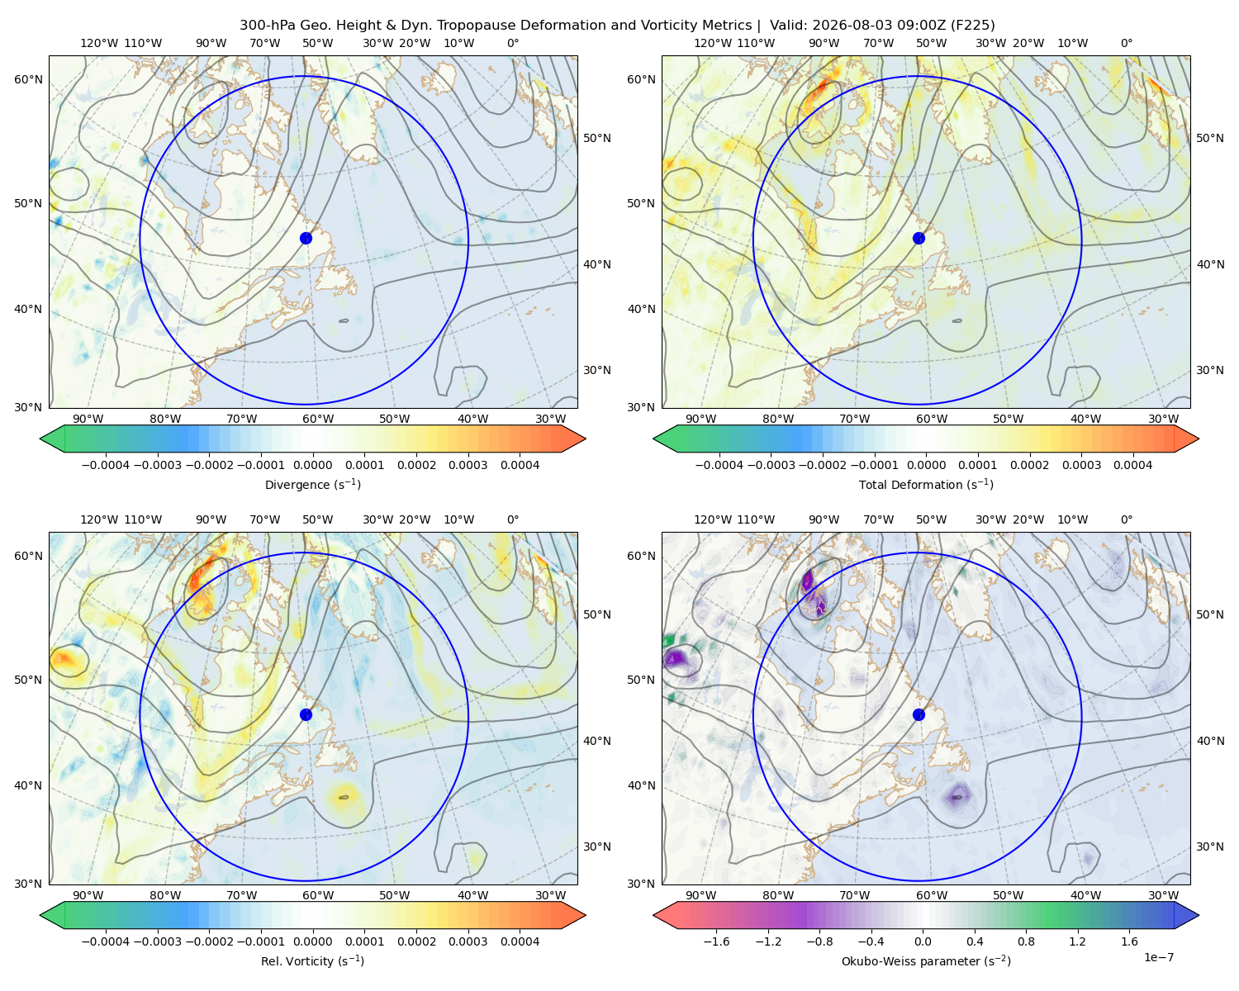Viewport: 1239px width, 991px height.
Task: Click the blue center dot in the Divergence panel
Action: tap(306, 239)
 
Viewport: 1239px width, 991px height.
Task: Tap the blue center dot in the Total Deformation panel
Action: tap(919, 239)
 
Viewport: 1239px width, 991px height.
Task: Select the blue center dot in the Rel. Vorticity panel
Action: tap(306, 714)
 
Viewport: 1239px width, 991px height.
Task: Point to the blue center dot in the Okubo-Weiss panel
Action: tap(919, 714)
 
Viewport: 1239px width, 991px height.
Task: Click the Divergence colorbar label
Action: tap(312, 485)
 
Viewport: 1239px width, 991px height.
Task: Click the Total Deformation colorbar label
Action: tap(926, 485)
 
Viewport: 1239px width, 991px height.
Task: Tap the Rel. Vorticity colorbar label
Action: tap(312, 961)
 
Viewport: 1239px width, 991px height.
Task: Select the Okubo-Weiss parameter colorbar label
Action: tap(926, 961)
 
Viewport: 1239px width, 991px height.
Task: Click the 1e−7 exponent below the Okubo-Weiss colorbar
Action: tap(1158, 958)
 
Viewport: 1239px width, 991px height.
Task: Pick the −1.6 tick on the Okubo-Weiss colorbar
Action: tap(716, 941)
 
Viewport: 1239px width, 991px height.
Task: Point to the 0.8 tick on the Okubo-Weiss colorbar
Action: tap(1026, 941)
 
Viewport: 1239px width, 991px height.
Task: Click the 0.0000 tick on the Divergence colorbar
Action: tap(312, 465)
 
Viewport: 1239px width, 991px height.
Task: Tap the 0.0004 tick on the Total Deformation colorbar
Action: tap(1133, 465)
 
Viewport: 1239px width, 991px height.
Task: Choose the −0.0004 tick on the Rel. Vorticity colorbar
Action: tap(106, 941)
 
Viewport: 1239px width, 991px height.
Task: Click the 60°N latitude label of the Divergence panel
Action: tap(28, 79)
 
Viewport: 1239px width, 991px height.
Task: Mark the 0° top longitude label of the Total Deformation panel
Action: tap(1126, 43)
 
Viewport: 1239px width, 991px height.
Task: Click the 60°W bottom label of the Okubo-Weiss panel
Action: tap(932, 895)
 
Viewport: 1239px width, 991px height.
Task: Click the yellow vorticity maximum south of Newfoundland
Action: tap(344, 797)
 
